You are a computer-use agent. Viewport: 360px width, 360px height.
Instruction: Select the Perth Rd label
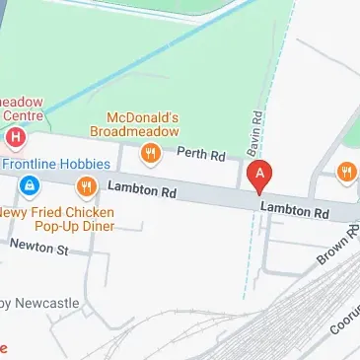click(195, 154)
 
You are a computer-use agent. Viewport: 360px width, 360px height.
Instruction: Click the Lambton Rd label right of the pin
click(294, 209)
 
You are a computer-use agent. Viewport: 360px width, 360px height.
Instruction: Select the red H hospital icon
click(16, 136)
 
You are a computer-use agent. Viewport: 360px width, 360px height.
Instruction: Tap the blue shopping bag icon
click(31, 185)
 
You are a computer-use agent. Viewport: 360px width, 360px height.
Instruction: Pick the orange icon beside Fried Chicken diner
click(87, 185)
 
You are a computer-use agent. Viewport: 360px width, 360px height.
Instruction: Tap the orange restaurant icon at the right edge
click(346, 172)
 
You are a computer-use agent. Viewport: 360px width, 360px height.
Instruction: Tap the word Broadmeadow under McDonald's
click(135, 130)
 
